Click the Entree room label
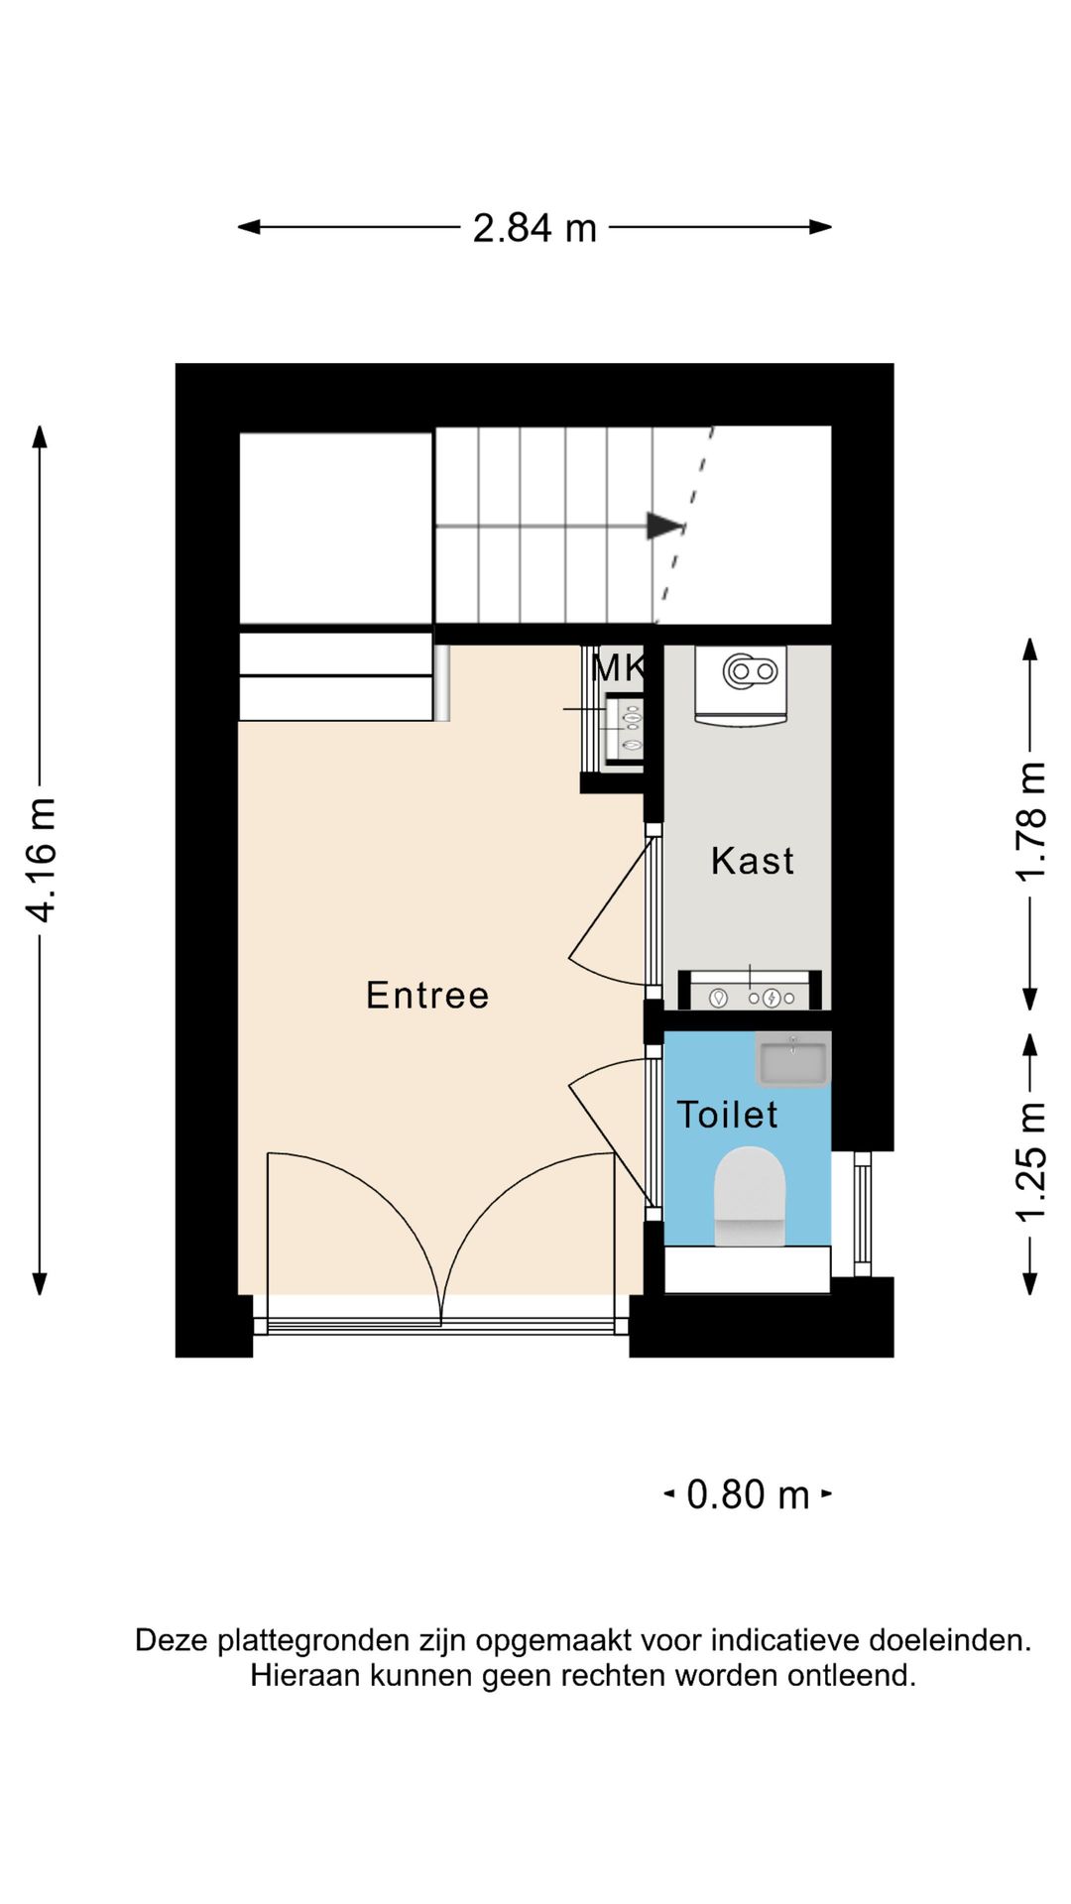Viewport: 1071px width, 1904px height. pyautogui.click(x=427, y=995)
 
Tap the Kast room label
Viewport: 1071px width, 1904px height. pyautogui.click(x=753, y=861)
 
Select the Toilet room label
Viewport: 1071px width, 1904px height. pyautogui.click(x=727, y=1115)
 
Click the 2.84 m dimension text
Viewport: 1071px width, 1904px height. pyautogui.click(x=535, y=228)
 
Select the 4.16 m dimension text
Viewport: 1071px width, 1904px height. pyautogui.click(x=42, y=860)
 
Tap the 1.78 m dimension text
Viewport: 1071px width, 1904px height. pyautogui.click(x=1031, y=822)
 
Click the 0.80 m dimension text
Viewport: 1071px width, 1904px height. pyautogui.click(x=749, y=1494)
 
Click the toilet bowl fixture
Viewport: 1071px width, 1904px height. pyautogui.click(x=750, y=1195)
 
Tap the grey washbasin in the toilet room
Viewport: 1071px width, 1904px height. pyautogui.click(x=792, y=1060)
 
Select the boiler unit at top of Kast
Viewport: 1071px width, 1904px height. pyautogui.click(x=741, y=685)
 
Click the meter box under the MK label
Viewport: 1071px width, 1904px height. pyautogui.click(x=624, y=731)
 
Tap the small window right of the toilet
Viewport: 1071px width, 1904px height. pyautogui.click(x=863, y=1214)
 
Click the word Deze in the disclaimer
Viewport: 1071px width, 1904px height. pyautogui.click(x=172, y=1640)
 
